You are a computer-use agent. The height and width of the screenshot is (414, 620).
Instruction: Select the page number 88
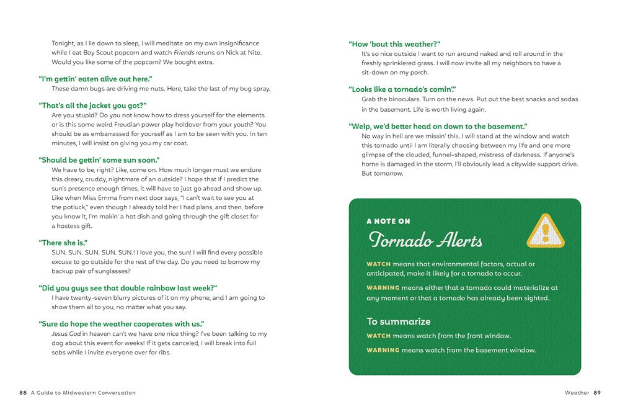pos(23,393)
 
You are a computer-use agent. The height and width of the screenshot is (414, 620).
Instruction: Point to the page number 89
pos(597,393)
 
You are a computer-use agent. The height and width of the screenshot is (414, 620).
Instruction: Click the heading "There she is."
pos(63,243)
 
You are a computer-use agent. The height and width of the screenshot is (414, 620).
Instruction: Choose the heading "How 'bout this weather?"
pos(394,44)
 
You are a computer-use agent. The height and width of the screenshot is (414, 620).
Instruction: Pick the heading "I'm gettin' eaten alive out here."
pos(95,79)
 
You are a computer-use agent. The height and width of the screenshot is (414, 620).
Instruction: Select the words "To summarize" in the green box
pos(398,322)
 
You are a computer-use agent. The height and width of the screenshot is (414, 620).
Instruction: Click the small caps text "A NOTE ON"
pos(388,221)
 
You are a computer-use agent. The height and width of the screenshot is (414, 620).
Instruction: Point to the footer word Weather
pos(577,393)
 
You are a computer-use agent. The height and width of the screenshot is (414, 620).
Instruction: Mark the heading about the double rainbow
pos(128,288)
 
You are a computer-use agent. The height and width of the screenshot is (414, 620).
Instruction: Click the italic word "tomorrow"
pos(388,173)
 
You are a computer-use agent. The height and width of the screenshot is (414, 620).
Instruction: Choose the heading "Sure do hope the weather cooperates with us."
pos(122,324)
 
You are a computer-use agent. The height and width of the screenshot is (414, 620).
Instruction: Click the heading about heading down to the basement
pos(438,127)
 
